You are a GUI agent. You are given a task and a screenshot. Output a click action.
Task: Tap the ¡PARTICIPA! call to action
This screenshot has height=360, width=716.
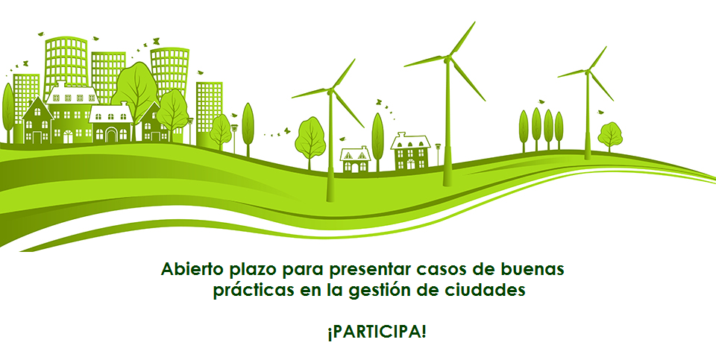[x=377, y=332]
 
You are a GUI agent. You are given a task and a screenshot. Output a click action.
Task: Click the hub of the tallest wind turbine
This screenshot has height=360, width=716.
[x=447, y=59]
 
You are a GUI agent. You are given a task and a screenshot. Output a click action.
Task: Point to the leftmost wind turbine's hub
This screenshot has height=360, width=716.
[x=330, y=91]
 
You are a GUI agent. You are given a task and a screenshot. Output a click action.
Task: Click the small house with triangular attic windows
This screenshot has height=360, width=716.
[x=355, y=160]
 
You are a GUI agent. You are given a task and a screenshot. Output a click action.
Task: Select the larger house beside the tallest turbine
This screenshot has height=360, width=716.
[x=410, y=151]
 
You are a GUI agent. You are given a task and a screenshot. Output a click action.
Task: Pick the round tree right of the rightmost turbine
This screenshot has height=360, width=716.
[x=610, y=135]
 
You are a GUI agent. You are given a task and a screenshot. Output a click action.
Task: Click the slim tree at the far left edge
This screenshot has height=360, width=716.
[x=7, y=113]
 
